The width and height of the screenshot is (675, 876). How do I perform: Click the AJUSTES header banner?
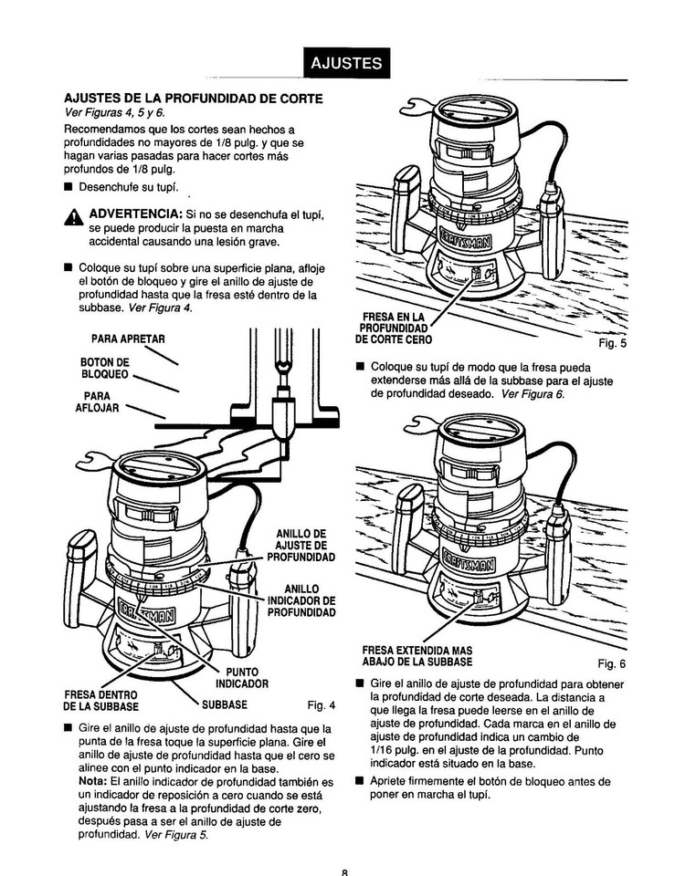tap(345, 63)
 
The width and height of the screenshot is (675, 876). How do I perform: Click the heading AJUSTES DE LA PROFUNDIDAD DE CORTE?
tap(192, 98)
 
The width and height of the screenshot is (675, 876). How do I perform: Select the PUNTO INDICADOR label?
tap(240, 677)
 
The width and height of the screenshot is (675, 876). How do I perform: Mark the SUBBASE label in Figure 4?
tap(225, 705)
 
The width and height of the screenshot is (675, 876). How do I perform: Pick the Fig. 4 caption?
tap(322, 705)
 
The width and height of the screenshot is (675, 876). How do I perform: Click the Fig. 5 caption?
tap(611, 344)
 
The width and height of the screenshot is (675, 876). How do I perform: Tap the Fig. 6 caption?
tap(611, 663)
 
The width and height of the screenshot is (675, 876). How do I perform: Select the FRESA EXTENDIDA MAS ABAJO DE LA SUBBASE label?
tap(417, 656)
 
